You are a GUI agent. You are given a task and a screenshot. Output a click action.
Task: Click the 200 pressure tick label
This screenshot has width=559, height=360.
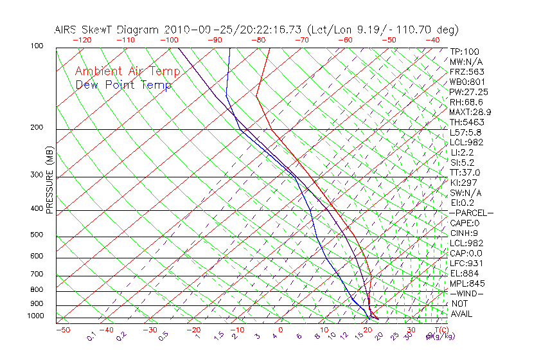point(37,127)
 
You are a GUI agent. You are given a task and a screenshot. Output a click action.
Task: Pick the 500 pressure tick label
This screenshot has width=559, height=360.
point(37,235)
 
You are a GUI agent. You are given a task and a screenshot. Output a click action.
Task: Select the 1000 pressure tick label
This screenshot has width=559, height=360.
point(35,316)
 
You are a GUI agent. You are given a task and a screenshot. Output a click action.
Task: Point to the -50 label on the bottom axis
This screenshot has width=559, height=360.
point(62,330)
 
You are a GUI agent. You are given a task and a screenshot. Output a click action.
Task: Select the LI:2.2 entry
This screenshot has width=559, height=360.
point(462,152)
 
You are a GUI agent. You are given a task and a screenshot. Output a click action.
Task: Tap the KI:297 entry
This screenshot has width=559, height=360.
point(462,183)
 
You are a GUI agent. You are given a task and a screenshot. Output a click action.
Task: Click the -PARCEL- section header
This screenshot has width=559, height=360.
point(472,213)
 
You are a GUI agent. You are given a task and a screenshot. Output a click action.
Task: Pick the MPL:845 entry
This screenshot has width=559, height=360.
point(466,283)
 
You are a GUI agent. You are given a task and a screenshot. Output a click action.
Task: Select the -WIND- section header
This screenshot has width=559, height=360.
point(467,293)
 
